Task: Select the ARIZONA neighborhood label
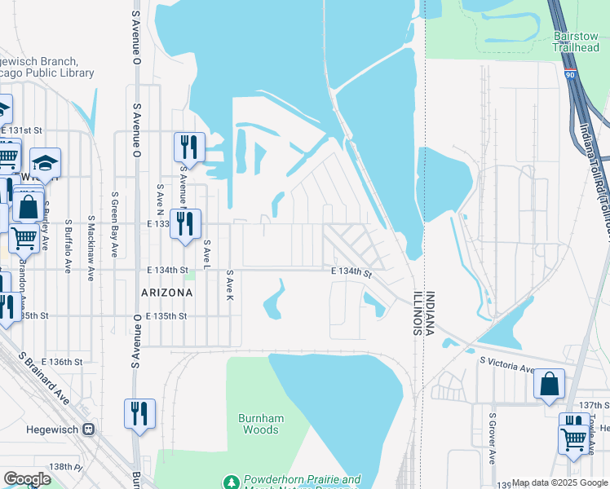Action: [x=166, y=292]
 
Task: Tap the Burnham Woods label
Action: [x=261, y=424]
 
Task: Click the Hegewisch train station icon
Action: [x=87, y=429]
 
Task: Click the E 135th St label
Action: [x=166, y=315]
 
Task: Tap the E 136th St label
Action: [x=64, y=361]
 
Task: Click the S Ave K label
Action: [x=230, y=284]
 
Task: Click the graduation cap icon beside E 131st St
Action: [x=46, y=162]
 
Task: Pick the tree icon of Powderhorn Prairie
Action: [x=232, y=482]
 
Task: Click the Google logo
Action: [x=27, y=479]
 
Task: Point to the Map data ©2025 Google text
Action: [x=559, y=483]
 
